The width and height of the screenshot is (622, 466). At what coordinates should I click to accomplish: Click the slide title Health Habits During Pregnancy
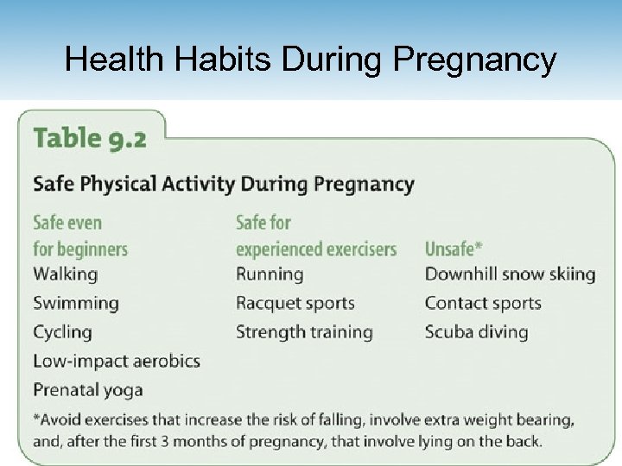pos(311,60)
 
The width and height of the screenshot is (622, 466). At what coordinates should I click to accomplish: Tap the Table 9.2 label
pos(90,138)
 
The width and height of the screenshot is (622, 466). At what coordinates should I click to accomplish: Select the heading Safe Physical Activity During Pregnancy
pos(223,184)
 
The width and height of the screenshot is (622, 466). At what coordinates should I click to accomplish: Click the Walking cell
pos(65,274)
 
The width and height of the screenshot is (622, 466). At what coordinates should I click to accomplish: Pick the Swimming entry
pos(75,303)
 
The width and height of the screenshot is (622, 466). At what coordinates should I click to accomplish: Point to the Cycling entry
pos(62,332)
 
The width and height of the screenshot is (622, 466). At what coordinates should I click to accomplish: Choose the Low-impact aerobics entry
pos(116,361)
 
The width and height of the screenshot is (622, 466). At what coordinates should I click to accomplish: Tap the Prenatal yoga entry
pos(87,390)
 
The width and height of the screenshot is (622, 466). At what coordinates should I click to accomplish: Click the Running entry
pos(270,274)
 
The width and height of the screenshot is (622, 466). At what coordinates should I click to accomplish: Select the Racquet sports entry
pos(295,303)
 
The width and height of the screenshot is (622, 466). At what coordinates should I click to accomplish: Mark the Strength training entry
pos(304,332)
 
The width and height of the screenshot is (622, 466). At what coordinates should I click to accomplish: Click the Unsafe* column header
pos(454,249)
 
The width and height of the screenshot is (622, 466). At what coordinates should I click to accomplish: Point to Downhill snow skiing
pos(510,274)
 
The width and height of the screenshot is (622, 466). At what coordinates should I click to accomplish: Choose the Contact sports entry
pos(483,303)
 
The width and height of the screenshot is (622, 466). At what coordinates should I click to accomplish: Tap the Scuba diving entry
pos(476,332)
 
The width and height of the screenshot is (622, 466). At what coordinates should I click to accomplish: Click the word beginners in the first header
pos(93,249)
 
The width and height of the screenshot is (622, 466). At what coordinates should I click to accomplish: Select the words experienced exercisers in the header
pos(316,249)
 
